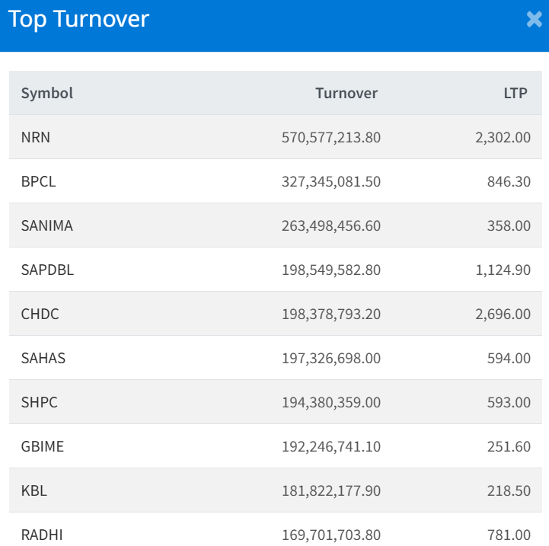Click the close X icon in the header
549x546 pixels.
534,20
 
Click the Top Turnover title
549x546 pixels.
78,19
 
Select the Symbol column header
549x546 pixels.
47,93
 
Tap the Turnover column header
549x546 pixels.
346,93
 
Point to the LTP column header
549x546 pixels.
515,93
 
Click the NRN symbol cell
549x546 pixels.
36,137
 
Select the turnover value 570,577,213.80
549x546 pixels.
330,137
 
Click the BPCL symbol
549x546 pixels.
38,181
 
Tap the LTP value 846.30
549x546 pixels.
509,181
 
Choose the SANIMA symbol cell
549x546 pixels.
47,225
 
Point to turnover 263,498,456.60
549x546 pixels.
330,225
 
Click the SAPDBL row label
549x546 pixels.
47,270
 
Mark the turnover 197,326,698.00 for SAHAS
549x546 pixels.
330,358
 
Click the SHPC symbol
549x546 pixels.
40,402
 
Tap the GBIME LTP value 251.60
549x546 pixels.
509,446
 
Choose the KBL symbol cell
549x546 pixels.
34,490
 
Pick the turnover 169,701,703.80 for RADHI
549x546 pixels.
330,535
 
